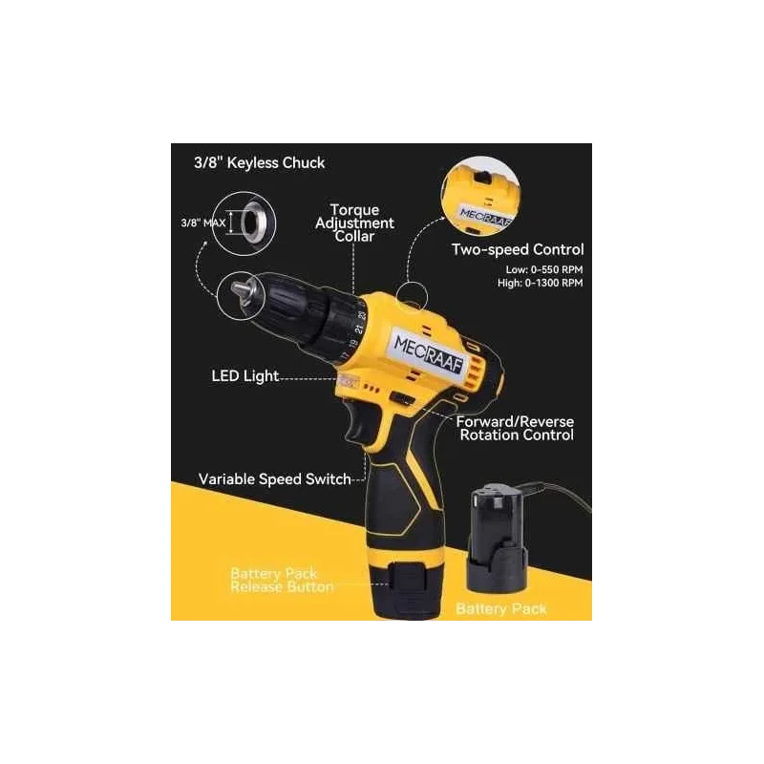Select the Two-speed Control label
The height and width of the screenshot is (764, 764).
(517, 250)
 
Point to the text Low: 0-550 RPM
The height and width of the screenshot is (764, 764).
(544, 269)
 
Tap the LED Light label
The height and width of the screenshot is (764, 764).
(244, 376)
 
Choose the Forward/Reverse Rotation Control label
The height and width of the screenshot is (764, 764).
(516, 428)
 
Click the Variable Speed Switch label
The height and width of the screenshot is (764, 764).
(274, 478)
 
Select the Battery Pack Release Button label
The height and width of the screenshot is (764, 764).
(282, 581)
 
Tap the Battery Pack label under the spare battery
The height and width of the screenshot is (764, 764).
(501, 608)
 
